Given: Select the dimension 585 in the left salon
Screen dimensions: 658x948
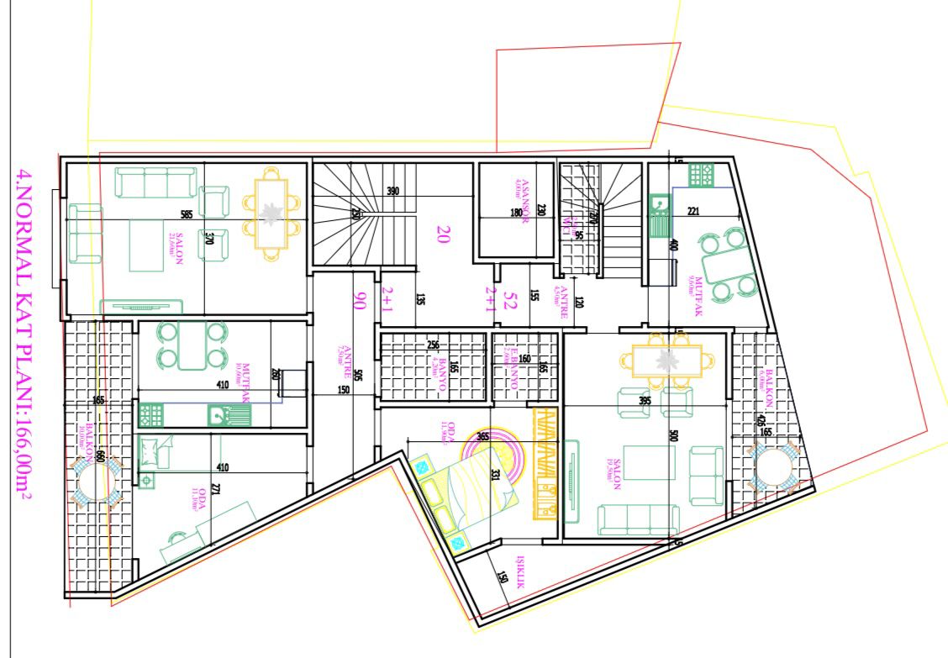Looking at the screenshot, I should coord(186,215).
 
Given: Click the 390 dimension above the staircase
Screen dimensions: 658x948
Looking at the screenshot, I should coord(392,192).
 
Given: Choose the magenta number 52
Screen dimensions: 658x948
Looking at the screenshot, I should coord(508,302).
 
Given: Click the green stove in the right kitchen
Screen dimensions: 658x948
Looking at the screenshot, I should coord(701,176).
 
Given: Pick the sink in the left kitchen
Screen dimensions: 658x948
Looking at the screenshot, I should coord(223,413).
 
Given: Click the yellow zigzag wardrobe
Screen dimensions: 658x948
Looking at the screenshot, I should coord(548,463).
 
